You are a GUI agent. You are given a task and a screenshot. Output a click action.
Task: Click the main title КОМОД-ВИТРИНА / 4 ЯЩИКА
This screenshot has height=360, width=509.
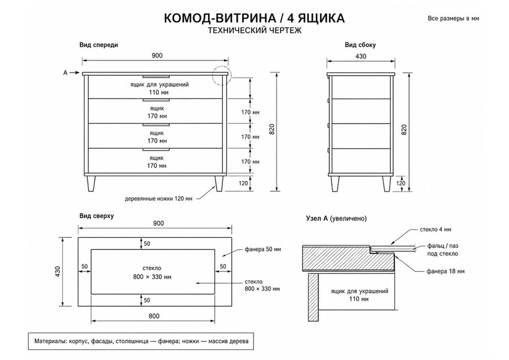point(254,18)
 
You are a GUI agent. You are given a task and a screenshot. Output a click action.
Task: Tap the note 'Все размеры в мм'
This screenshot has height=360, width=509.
point(453,19)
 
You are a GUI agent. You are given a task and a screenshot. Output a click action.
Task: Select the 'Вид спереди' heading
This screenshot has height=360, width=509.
point(98,45)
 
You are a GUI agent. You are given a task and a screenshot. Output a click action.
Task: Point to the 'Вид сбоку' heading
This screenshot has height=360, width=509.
point(360,45)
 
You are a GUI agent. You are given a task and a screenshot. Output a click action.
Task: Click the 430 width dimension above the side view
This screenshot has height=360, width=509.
point(361,56)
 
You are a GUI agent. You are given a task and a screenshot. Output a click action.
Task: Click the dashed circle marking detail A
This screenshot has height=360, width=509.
point(221,75)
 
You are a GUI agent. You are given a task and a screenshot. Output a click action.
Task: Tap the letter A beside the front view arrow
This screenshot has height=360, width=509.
point(65,73)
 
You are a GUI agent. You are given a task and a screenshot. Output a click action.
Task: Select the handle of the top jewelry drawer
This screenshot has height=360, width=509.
point(156,76)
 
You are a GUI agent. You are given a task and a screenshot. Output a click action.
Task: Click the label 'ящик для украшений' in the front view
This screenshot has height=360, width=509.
point(159,85)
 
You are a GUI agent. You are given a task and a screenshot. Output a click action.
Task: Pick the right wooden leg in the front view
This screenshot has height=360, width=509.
point(219,184)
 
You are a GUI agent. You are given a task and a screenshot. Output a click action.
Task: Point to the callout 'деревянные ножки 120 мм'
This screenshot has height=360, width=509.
point(158,198)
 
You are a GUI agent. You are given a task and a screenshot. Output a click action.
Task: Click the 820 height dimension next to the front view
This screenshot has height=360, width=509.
point(272,129)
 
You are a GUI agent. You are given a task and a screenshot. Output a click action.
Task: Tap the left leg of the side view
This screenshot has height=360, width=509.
point(335,184)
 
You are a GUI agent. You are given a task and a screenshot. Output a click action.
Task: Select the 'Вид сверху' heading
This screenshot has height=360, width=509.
point(97,216)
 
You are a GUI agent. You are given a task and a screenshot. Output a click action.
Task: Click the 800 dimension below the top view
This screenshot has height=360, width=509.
point(154,316)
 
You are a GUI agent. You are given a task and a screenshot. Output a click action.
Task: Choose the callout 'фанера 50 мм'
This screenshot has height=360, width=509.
point(263,249)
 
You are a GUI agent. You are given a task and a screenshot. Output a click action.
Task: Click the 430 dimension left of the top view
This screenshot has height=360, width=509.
point(58,271)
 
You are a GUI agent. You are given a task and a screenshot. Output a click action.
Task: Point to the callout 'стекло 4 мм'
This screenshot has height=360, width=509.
point(435,229)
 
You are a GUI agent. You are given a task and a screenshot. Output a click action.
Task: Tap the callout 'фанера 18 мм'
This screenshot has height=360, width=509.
point(446,271)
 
